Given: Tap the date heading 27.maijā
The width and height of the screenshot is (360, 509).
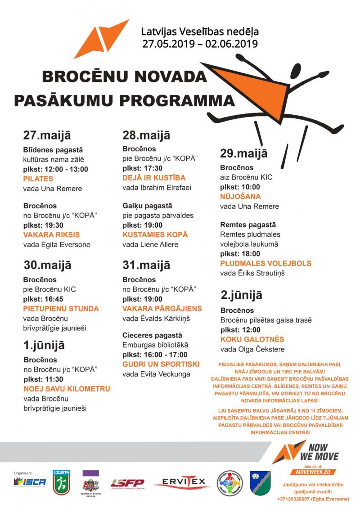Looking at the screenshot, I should [47, 135].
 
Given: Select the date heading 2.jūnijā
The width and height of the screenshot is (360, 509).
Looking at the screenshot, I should [241, 296].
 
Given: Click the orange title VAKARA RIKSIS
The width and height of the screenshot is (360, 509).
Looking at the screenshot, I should [51, 235].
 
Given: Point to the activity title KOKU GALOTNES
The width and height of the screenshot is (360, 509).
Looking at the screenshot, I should [252, 339].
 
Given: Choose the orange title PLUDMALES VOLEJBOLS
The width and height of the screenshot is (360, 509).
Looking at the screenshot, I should [265, 263].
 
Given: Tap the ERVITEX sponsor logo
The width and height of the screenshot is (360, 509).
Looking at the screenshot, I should [181, 482].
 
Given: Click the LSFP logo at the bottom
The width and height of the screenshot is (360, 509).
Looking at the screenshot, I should [127, 483].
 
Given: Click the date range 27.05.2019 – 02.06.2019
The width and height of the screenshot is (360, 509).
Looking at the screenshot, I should [200, 44].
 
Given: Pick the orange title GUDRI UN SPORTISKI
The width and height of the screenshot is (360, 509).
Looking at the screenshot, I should [161, 364].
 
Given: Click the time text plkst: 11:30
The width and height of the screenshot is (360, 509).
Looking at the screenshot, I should [43, 379].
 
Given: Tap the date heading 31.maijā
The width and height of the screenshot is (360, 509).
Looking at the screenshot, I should [146, 265].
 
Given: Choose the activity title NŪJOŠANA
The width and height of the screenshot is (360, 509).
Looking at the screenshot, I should [240, 197].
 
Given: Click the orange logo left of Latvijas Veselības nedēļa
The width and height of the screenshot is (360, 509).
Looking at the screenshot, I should [101, 39].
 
